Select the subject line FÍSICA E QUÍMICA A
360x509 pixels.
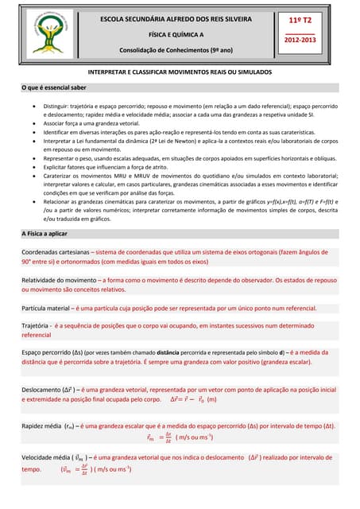tap(176, 35)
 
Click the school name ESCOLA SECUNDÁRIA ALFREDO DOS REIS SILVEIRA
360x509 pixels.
tap(176, 18)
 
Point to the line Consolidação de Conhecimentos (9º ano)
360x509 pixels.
tap(176, 50)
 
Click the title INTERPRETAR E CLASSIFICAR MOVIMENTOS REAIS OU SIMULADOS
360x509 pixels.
tap(180, 72)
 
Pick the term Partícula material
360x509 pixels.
tap(47, 307)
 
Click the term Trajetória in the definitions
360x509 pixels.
tap(35, 325)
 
